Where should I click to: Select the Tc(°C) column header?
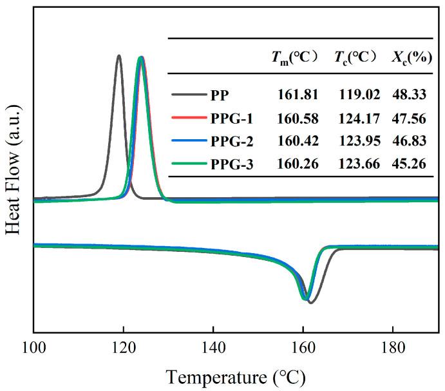coord(355,57)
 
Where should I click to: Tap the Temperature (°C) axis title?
coord(236,374)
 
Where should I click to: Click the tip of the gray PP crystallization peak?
coord(118,55)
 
